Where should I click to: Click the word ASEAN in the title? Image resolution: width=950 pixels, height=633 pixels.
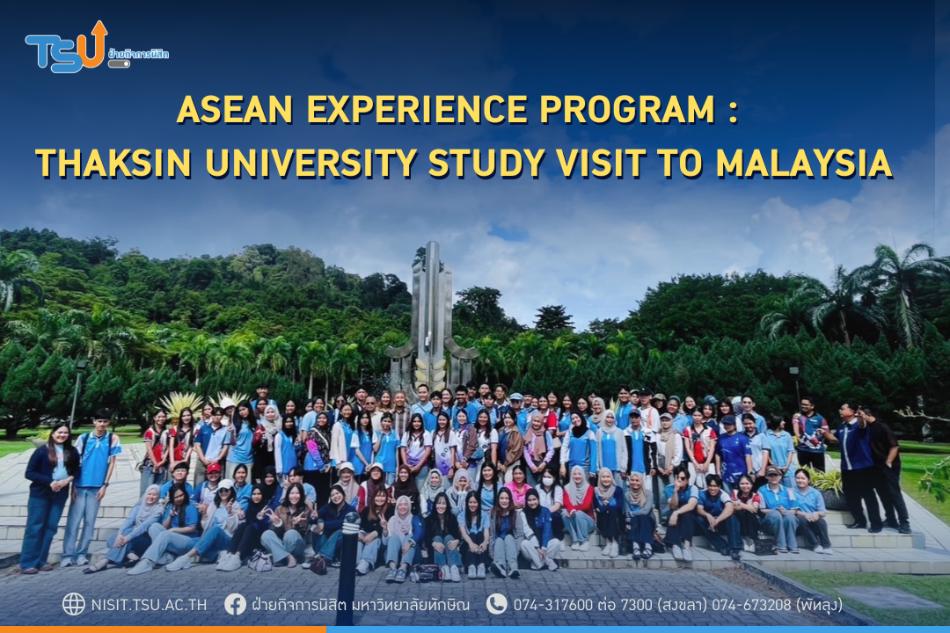pos(235,110)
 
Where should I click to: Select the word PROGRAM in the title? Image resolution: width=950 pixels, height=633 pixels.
pos(627,110)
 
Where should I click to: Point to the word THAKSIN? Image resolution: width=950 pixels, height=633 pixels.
pos(113,163)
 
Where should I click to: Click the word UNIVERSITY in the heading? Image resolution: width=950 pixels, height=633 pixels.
pos(311,163)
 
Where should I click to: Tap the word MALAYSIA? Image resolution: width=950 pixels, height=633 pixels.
pos(804,163)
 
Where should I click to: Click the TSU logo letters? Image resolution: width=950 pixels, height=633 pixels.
pos(63,50)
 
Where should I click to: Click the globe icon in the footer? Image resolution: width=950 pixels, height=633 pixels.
pos(74,604)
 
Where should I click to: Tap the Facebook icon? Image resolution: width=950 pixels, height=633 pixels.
pos(235,604)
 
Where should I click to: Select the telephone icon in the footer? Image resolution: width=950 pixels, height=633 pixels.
pos(497,604)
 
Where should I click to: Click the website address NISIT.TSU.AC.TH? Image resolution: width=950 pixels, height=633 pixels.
pos(149,605)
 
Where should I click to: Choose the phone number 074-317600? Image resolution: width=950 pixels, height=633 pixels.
pos(553,605)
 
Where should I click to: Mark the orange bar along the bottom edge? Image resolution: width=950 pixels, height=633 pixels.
pos(163,629)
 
